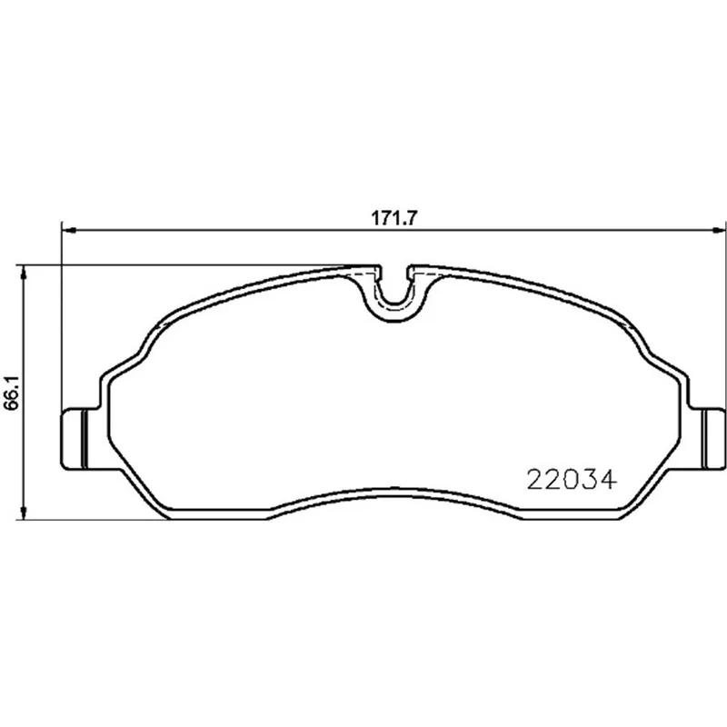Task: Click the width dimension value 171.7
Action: (394, 217)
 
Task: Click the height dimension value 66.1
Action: (11, 393)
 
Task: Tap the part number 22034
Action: (572, 480)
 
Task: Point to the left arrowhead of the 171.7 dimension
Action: (69, 230)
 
